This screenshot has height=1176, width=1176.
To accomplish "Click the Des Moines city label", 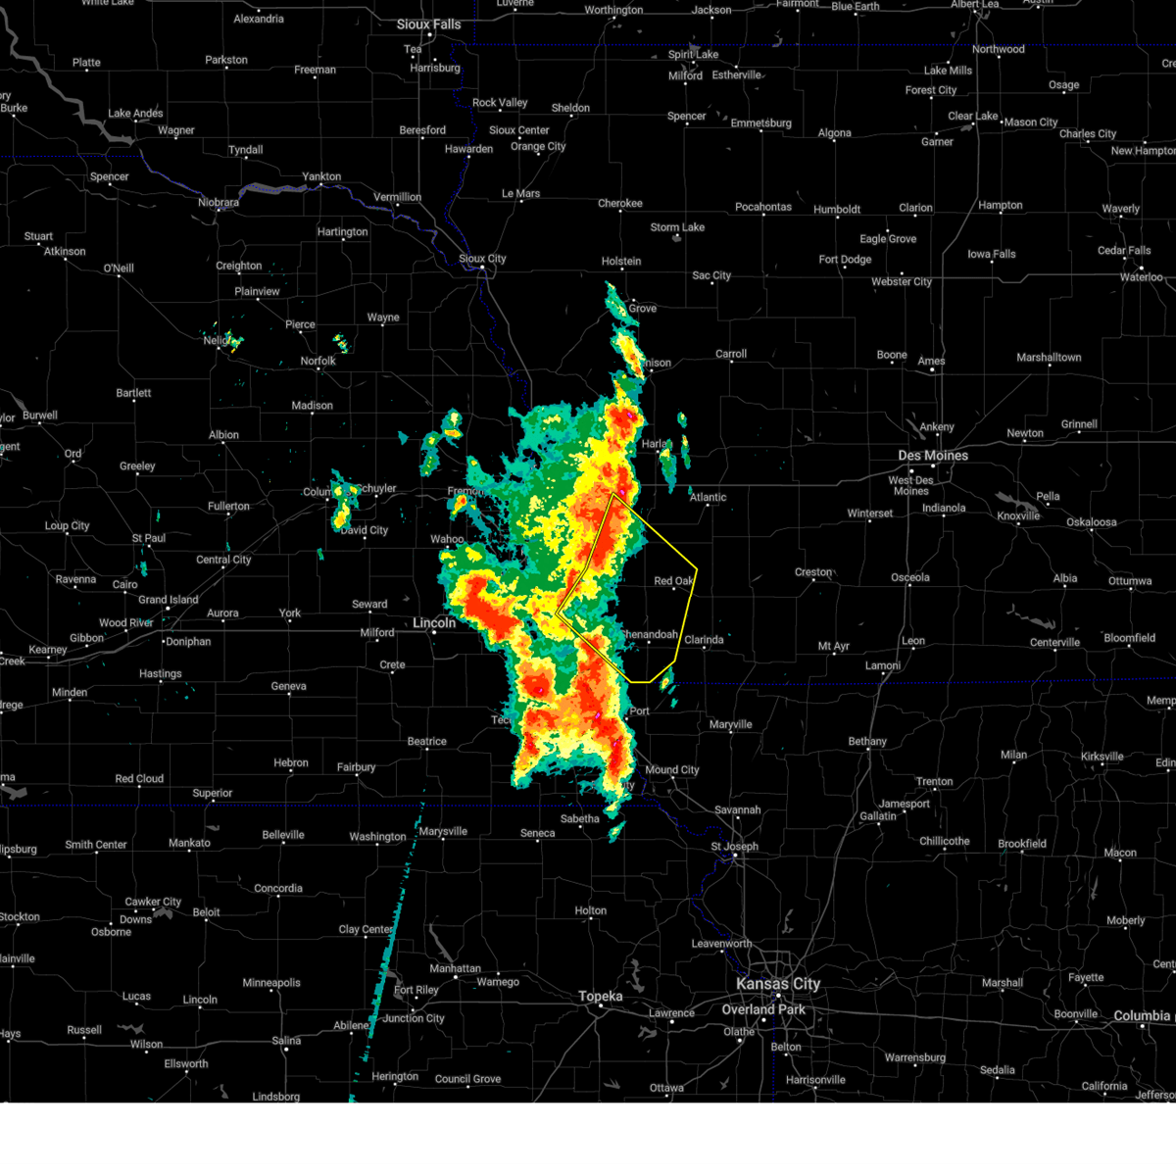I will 933,456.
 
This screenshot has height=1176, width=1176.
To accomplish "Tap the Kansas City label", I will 778,984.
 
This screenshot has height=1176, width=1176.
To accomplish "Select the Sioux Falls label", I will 428,24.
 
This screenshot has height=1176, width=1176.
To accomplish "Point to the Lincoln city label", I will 434,623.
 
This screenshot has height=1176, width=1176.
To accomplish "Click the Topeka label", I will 600,997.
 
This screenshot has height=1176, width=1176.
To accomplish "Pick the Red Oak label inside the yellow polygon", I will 673,581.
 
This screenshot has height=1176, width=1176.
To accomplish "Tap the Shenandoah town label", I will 650,635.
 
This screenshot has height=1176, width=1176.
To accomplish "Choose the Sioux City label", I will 482,259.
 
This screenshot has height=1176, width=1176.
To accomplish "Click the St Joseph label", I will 734,847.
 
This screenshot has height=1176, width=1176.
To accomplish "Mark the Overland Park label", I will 763,1009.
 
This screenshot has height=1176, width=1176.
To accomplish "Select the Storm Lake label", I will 677,227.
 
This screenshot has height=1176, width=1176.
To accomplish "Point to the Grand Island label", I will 168,600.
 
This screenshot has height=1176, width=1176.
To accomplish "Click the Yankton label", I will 321,176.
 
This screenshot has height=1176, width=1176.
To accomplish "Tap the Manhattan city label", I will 455,968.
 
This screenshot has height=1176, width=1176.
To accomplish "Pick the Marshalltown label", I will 1049,358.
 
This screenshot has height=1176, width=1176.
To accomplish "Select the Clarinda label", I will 704,640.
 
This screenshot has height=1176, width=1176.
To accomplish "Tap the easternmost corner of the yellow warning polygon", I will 697,567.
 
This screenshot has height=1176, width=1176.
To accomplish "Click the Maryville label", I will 730,725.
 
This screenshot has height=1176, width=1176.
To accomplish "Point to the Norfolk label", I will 318,361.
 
